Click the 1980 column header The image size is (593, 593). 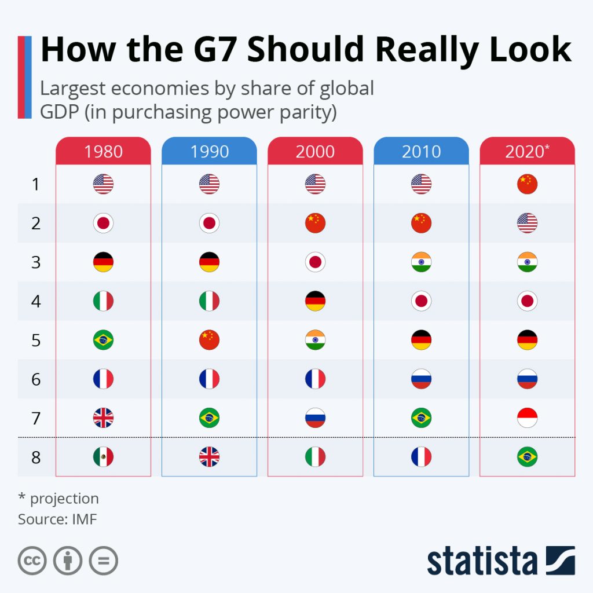[x=103, y=152]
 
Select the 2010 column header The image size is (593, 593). [x=421, y=152]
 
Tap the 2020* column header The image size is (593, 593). [x=527, y=152]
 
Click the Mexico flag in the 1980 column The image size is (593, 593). [x=103, y=457]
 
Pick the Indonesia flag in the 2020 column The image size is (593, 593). [x=527, y=418]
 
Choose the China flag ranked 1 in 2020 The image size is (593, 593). [x=527, y=184]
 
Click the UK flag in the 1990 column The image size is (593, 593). [x=209, y=457]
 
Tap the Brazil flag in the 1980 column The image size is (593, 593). [x=103, y=340]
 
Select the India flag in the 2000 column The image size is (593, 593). [x=315, y=340]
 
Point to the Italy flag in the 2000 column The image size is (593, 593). [x=315, y=457]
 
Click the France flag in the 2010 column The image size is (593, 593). [x=421, y=457]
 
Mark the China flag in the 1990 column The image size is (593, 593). [x=209, y=340]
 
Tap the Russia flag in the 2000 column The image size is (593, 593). [x=315, y=418]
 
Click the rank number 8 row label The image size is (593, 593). [x=36, y=457]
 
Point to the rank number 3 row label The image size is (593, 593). [x=36, y=262]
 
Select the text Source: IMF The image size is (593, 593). [x=57, y=519]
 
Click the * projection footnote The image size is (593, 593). [x=58, y=499]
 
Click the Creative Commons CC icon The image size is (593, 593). [x=32, y=561]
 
